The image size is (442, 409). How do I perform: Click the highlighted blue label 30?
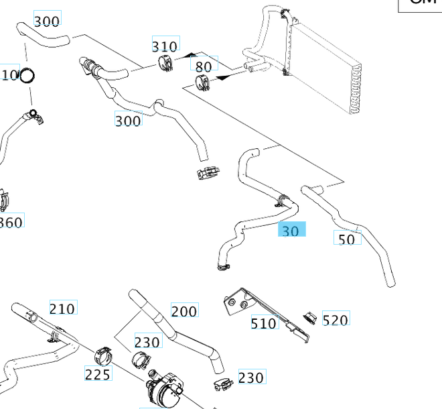point(291,230)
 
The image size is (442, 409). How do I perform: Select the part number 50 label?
point(347,238)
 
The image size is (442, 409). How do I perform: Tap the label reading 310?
point(165,46)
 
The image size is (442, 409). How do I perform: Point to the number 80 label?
point(203,66)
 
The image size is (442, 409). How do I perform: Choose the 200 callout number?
point(184,310)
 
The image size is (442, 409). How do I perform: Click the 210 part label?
point(62,308)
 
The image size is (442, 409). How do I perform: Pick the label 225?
point(98,374)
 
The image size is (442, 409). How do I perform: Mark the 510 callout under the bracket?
point(263,323)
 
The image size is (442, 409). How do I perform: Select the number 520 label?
point(335,319)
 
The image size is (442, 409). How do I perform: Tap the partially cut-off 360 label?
point(11,221)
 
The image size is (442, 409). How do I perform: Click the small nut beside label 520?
point(309,315)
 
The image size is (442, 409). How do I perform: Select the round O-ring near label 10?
point(27,76)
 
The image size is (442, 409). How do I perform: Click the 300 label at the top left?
point(46,21)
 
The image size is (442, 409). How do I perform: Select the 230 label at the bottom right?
point(250,377)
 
